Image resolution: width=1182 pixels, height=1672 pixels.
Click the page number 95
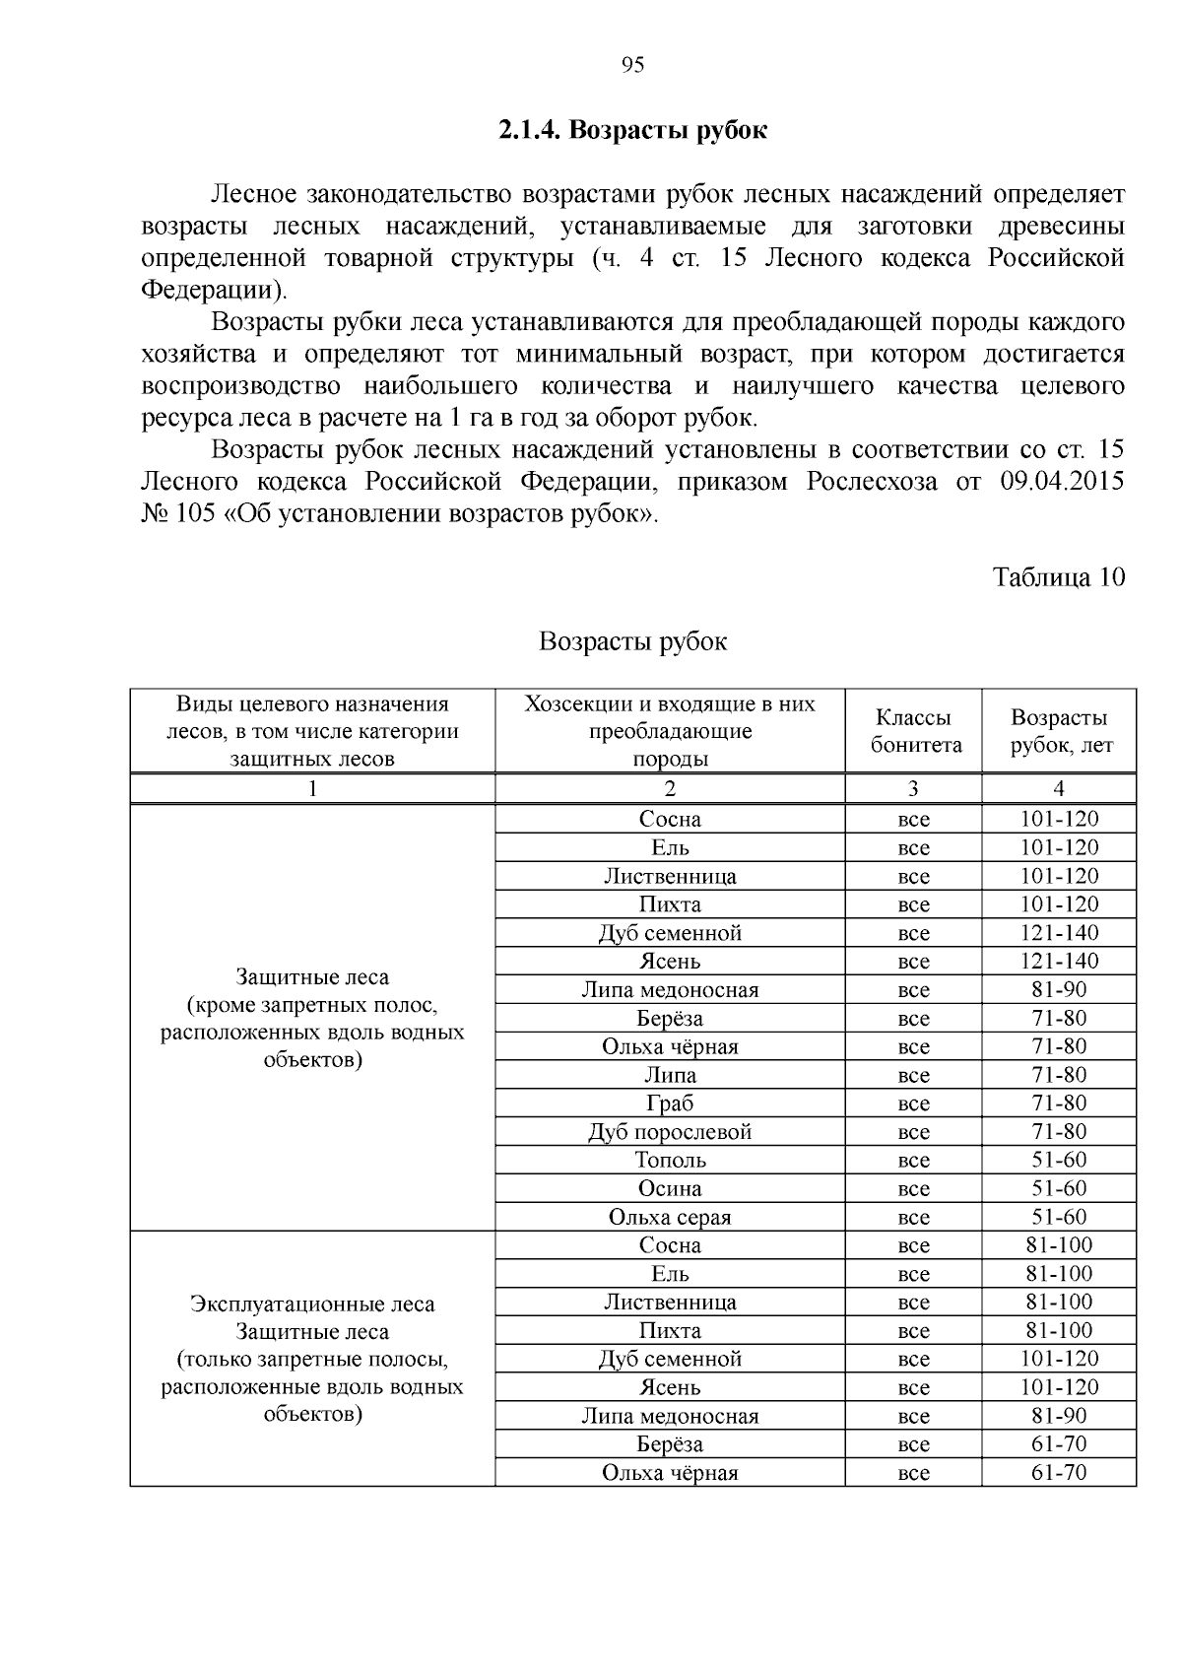point(632,65)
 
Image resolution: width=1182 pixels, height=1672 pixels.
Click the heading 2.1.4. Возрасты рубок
point(632,130)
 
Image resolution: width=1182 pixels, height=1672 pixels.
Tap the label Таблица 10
point(1058,576)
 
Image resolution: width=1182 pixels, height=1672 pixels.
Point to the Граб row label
point(670,1104)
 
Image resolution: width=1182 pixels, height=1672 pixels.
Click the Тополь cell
point(670,1161)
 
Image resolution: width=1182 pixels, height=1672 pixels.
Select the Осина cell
point(670,1189)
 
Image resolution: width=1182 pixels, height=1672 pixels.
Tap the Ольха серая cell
point(670,1218)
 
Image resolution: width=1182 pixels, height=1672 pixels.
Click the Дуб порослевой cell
point(670,1132)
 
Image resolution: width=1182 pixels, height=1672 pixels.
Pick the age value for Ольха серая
point(1059,1217)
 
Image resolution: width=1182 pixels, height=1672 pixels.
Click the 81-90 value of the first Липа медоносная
point(1059,989)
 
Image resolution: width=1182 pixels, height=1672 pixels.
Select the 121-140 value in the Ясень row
point(1059,961)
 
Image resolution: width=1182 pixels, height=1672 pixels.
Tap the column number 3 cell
point(913,788)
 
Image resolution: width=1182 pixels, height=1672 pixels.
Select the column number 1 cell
point(312,788)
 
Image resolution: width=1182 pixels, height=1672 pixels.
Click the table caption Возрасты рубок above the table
point(632,642)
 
